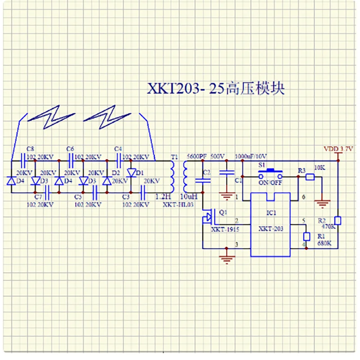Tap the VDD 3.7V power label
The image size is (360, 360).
pos(339,148)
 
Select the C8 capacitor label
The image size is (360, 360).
pos(30,148)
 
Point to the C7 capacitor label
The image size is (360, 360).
pos(38,197)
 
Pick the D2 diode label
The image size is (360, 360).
pos(116,173)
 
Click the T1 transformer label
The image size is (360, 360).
pos(175,157)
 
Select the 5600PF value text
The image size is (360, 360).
pos(196,156)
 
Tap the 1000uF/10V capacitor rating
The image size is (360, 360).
pos(251,156)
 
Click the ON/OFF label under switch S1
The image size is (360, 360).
pos(270,183)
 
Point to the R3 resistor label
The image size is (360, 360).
pos(302,170)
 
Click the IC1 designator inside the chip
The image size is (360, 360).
pos(270,212)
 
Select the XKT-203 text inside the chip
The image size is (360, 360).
pos(271,229)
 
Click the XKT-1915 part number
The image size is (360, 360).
pos(225,229)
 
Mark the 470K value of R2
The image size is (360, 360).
pos(328,227)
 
